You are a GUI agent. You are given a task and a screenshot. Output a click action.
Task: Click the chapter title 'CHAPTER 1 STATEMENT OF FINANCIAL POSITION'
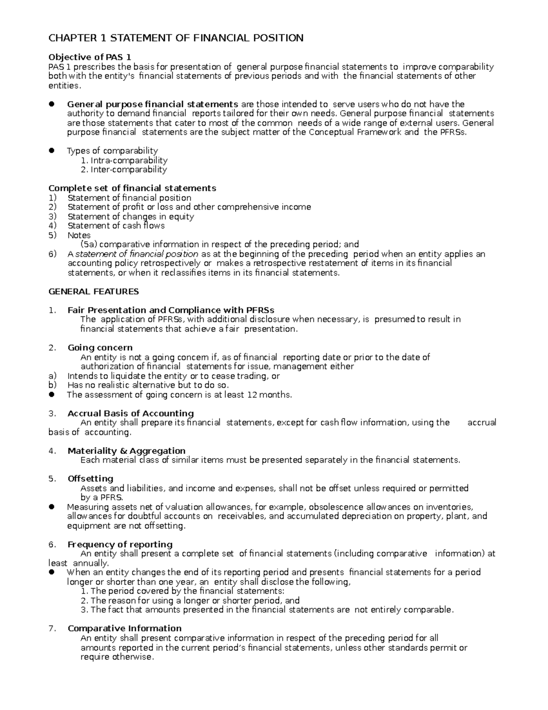pos(176,38)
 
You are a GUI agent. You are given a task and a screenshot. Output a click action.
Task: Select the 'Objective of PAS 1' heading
pos(90,57)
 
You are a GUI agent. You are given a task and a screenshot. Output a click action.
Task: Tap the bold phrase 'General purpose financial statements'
pos(153,104)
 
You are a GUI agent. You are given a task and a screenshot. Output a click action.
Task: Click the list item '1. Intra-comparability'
pos(124,160)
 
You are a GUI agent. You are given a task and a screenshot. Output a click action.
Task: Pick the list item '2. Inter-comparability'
pos(123,170)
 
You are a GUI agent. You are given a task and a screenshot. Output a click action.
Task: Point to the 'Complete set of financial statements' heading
pos(132,188)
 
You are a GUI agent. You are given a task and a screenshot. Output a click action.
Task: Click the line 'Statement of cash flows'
pos(116,226)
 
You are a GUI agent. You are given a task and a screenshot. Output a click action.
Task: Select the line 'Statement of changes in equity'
pos(131,217)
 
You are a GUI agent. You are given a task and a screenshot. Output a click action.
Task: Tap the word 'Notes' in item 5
pos(79,235)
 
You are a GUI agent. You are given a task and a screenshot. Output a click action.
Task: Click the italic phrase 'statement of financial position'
pos(137,254)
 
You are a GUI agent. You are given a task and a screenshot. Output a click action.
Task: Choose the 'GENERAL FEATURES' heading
pos(94,292)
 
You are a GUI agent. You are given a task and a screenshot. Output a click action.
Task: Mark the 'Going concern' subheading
pos(100,348)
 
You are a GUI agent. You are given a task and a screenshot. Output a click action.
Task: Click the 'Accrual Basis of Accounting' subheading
pos(131,413)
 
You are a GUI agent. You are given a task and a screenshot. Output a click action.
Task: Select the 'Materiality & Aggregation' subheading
pos(126,451)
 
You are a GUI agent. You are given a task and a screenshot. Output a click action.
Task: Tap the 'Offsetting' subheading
pos(90,479)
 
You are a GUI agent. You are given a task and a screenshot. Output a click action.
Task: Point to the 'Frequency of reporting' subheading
pos(120,545)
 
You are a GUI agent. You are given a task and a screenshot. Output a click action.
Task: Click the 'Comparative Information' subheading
pos(125,629)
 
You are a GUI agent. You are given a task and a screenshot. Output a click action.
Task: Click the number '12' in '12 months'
pos(252,395)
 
